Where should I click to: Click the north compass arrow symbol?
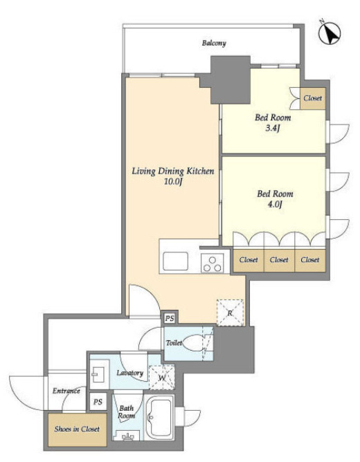click(330, 33)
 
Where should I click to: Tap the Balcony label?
click(214, 43)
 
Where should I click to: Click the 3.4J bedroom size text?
click(272, 128)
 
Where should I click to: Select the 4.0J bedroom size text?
click(274, 204)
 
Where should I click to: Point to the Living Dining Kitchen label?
click(173, 171)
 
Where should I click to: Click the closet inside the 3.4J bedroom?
click(312, 98)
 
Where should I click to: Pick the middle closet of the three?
click(279, 260)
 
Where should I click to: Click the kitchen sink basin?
click(175, 261)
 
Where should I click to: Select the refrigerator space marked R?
click(230, 313)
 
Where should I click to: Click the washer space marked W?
click(161, 378)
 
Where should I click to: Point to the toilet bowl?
click(192, 343)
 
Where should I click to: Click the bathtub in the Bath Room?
click(159, 417)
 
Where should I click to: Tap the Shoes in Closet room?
click(77, 429)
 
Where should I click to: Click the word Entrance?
click(66, 391)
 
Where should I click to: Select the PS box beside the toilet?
click(169, 318)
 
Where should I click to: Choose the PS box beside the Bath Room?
click(98, 402)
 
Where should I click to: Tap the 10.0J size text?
click(173, 181)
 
